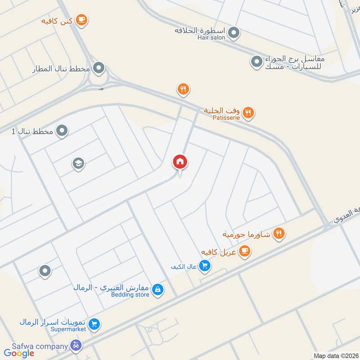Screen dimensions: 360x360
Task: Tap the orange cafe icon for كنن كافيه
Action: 81,19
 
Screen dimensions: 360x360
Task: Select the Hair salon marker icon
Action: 234,32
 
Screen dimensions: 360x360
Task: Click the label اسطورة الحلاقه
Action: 201,31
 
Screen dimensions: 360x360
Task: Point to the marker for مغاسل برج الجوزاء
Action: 256,61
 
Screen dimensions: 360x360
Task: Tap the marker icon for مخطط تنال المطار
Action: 99,68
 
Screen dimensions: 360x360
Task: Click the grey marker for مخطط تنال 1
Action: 62,131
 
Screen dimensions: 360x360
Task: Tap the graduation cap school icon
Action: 78,164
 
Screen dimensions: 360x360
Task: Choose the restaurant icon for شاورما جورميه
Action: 279,234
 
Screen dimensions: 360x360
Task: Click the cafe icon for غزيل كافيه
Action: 244,252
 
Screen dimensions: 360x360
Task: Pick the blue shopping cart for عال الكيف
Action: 205,266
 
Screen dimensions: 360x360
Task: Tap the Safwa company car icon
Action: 76,346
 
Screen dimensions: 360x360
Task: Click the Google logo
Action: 19,353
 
